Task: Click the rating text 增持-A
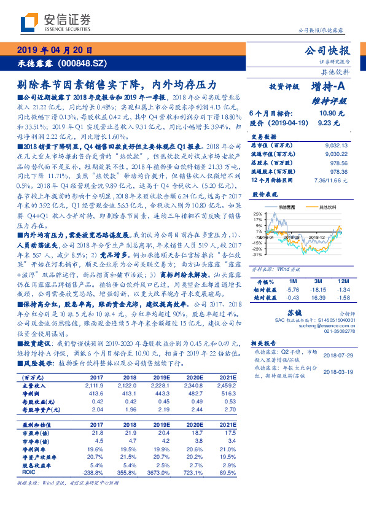[331, 87]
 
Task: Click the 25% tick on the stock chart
[256, 213]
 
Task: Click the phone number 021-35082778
[337, 334]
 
